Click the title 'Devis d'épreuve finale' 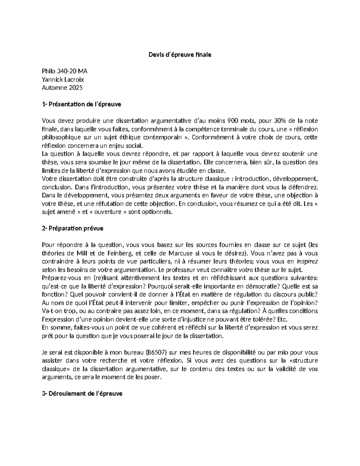coord(180,55)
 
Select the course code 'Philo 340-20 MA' coord(65,71)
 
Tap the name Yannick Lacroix coord(63,80)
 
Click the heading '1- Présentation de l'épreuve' coord(82,104)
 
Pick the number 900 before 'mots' coord(233,121)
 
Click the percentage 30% coord(280,121)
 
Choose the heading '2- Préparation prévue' coord(73,228)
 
